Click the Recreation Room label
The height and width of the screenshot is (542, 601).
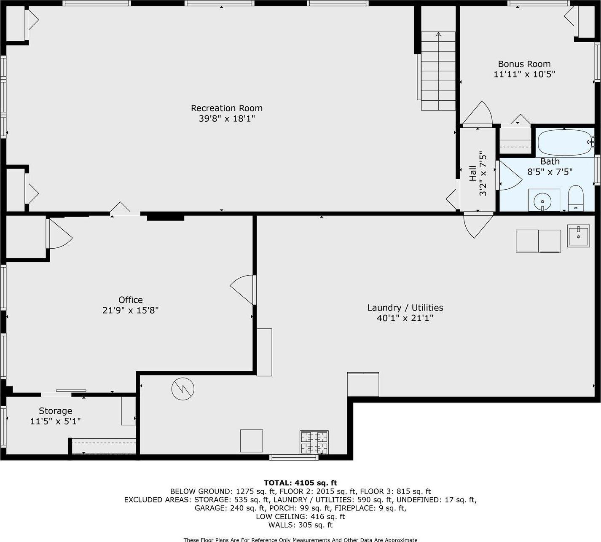click(x=227, y=108)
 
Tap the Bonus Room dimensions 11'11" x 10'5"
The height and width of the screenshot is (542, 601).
click(x=524, y=74)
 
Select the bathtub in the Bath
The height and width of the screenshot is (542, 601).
click(x=565, y=142)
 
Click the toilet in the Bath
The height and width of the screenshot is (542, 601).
click(x=575, y=199)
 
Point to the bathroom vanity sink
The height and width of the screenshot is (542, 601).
click(x=543, y=200)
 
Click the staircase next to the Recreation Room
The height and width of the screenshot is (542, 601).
click(x=438, y=72)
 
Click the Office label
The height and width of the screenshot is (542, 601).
click(x=130, y=300)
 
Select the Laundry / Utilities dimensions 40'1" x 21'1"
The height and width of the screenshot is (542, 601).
click(x=405, y=318)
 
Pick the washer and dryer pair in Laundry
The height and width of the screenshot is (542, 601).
click(x=538, y=241)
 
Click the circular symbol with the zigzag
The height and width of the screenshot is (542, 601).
click(x=182, y=389)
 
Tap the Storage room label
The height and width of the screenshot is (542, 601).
click(x=55, y=411)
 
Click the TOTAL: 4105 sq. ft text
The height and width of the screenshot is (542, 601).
click(x=300, y=483)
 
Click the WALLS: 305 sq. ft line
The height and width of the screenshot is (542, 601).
click(x=300, y=525)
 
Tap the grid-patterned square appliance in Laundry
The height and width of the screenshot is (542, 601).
click(x=314, y=442)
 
